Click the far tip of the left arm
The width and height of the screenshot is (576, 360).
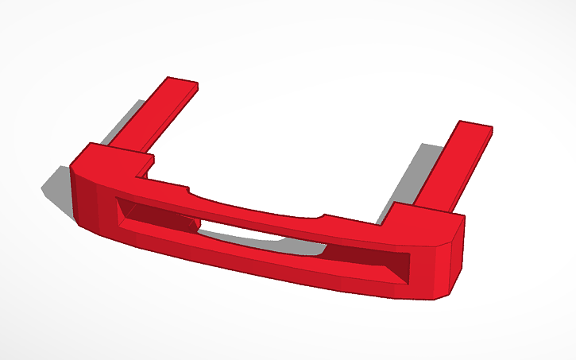pyautogui.click(x=181, y=83)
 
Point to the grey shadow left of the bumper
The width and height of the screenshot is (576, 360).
pyautogui.click(x=57, y=187)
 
